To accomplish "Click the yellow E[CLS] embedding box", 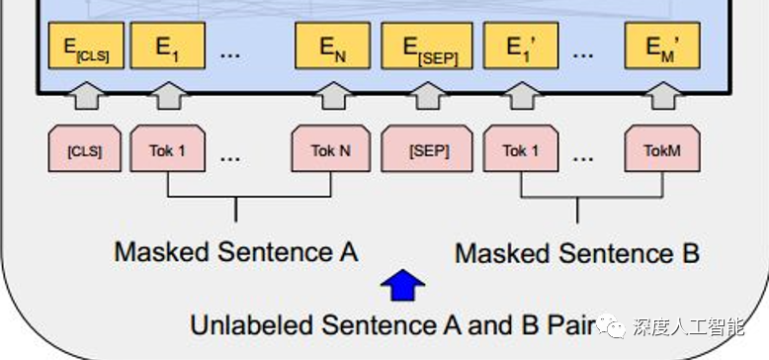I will tap(87, 46).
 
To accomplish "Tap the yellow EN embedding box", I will tap(332, 46).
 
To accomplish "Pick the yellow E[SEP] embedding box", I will tap(427, 46).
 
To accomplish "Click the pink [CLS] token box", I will tap(84, 150).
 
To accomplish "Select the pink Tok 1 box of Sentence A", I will tap(167, 150).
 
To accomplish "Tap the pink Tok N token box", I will tap(329, 150).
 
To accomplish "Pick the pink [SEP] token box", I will tap(428, 150).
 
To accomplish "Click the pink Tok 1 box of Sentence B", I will tap(521, 150).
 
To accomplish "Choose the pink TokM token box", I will tap(661, 150).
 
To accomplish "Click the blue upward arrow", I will tap(402, 286).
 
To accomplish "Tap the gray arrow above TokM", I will tap(661, 97).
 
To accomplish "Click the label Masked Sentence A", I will tap(235, 251).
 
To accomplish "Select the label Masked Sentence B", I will tap(577, 253).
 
